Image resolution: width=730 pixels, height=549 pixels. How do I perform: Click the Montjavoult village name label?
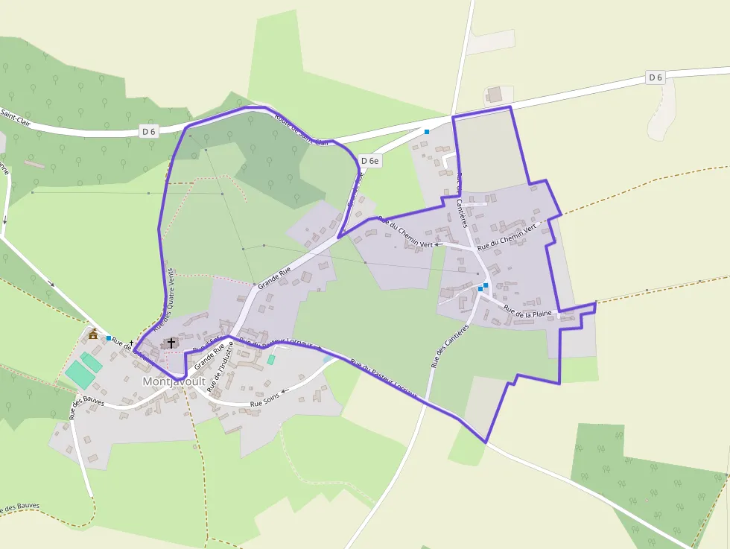pyautogui.click(x=174, y=381)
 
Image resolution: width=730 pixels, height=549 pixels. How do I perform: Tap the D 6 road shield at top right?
pyautogui.click(x=655, y=77)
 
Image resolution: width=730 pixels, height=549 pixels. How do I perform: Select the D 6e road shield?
pyautogui.click(x=369, y=160)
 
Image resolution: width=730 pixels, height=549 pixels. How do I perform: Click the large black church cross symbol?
pyautogui.click(x=171, y=343)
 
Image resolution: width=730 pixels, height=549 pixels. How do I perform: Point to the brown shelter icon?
pyautogui.click(x=94, y=334)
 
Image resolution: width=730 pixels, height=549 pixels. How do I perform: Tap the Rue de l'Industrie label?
pyautogui.click(x=220, y=366)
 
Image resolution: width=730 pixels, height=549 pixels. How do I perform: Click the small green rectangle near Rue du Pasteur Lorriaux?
pyautogui.click(x=271, y=360)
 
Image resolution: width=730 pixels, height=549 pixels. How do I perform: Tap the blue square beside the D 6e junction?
pyautogui.click(x=427, y=132)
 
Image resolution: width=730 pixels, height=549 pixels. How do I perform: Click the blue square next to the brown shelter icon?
pyautogui.click(x=109, y=338)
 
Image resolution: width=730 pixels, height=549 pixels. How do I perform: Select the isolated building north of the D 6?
pyautogui.click(x=494, y=95)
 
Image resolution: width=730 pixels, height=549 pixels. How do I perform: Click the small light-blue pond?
pyautogui.click(x=328, y=358)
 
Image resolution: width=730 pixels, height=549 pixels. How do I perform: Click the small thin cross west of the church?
pyautogui.click(x=131, y=343)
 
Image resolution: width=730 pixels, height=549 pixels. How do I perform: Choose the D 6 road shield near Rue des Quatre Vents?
pyautogui.click(x=149, y=131)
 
